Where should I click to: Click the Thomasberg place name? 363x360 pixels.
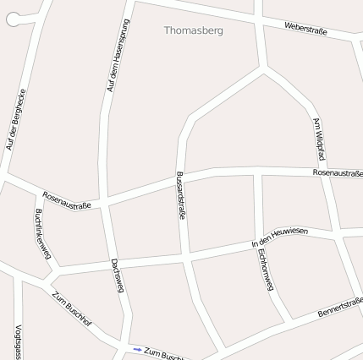(193, 30)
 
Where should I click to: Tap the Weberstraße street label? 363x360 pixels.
(305, 29)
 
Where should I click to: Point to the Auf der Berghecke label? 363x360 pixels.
(16, 119)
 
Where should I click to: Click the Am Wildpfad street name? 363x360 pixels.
(319, 139)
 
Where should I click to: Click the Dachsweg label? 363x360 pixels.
(118, 275)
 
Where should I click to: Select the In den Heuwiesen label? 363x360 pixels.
(280, 237)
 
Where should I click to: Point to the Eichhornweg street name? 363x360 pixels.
(265, 270)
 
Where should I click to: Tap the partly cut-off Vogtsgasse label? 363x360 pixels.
(18, 342)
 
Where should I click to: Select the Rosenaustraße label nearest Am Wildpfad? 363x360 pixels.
(337, 172)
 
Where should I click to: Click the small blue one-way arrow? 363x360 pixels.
(137, 348)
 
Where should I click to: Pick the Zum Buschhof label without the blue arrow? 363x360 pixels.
(71, 310)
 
